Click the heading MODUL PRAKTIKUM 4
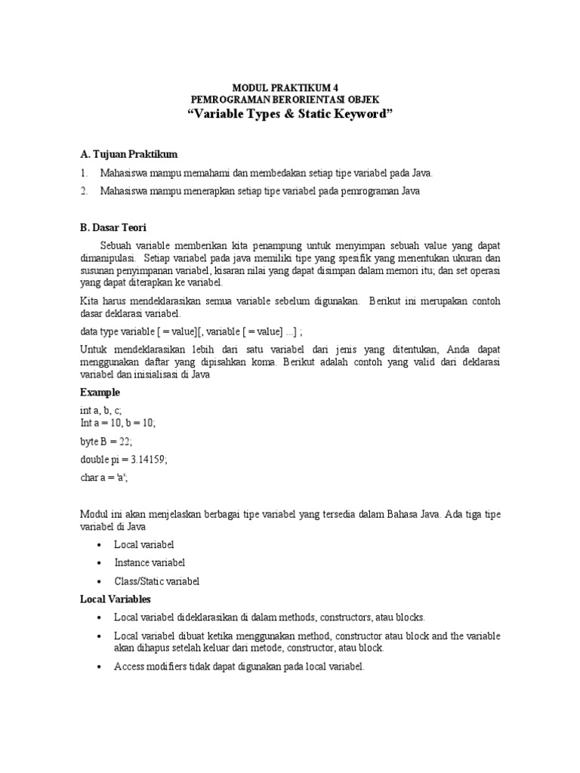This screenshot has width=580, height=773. point(289,88)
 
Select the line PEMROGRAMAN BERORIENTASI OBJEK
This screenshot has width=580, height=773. point(289,100)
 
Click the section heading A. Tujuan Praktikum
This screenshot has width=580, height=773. point(128,154)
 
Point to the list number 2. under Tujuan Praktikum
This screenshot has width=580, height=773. point(85,192)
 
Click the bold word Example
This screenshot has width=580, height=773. point(100,393)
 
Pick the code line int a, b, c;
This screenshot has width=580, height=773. point(100,410)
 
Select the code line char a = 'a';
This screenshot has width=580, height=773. point(110,477)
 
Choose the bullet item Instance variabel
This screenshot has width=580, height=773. point(149,562)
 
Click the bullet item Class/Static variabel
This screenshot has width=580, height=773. point(156,581)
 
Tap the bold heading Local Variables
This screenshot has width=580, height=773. point(116,599)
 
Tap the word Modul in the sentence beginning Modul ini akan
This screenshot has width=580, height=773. point(94,514)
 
